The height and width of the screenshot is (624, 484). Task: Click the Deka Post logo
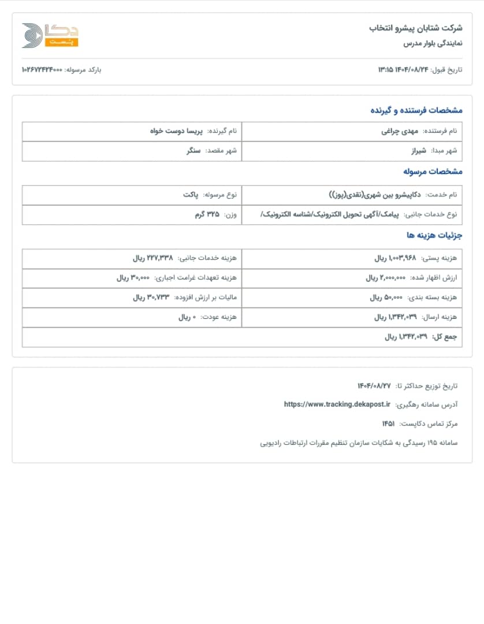click(50, 35)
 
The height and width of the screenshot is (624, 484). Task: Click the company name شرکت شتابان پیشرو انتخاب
click(416, 28)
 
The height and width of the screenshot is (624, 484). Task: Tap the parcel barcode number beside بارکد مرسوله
click(42, 70)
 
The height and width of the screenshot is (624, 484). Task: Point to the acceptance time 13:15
click(386, 70)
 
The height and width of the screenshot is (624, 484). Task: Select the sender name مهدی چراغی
click(399, 131)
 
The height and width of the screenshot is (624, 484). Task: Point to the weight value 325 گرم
click(207, 214)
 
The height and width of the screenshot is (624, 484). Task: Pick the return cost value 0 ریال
click(187, 317)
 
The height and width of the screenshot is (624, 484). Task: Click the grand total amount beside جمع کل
click(406, 337)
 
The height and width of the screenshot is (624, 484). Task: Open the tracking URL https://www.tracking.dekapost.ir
click(337, 404)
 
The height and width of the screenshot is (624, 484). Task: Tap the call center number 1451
click(388, 424)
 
